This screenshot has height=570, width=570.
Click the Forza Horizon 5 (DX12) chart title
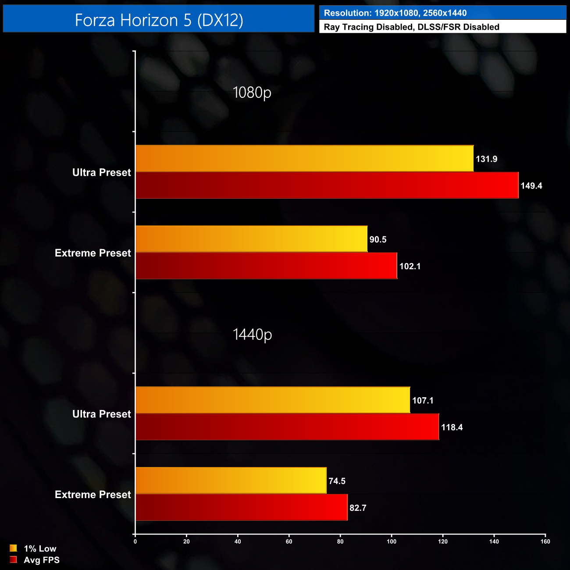tap(159, 20)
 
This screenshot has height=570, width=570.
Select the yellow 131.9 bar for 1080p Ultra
tap(304, 158)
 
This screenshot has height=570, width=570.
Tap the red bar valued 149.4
tap(327, 185)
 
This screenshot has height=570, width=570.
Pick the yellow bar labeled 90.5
tap(251, 239)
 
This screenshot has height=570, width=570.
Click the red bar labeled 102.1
tap(266, 266)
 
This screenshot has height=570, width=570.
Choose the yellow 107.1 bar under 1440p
tap(273, 400)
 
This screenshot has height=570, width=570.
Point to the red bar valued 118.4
tap(287, 427)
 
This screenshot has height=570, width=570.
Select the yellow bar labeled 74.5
tap(231, 481)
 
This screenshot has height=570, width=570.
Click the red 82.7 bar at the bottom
tap(241, 507)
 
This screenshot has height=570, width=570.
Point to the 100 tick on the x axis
tap(392, 541)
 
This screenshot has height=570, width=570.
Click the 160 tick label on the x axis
tap(545, 541)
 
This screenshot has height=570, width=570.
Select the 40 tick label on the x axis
tap(238, 541)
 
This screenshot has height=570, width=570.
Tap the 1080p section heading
tap(252, 93)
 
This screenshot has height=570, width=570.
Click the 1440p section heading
tap(252, 335)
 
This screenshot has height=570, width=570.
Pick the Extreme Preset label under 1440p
tap(93, 495)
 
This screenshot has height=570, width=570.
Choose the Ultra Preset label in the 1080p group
tap(102, 172)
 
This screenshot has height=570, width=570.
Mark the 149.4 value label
tap(531, 186)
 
